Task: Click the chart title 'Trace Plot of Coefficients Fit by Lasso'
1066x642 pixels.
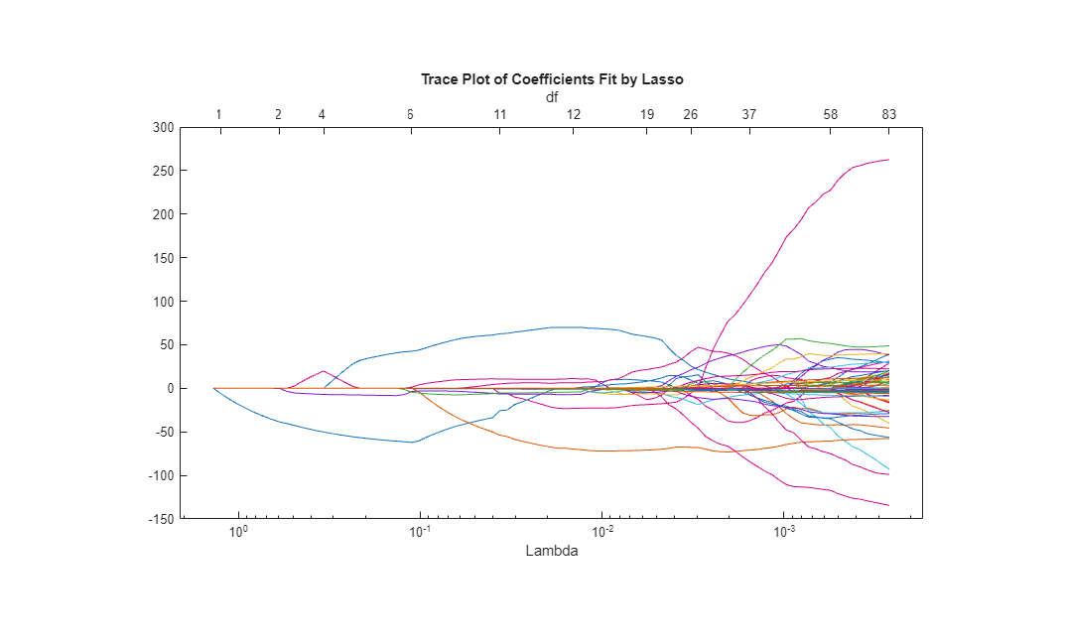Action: [x=552, y=79]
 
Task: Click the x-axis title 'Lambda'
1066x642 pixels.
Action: [x=552, y=551]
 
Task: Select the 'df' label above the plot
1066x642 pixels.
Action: [x=552, y=97]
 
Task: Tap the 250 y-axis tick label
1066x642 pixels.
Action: [x=164, y=171]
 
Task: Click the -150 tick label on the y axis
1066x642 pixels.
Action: [x=161, y=519]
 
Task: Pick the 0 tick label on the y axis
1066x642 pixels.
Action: [x=170, y=389]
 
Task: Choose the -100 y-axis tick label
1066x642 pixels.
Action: [x=161, y=475]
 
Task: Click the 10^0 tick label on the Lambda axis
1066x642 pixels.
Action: [x=238, y=534]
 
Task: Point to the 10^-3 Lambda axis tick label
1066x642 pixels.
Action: [x=784, y=534]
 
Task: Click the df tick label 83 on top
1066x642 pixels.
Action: [x=889, y=115]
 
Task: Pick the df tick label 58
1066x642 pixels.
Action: [x=831, y=115]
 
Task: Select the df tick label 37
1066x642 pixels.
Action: [x=749, y=115]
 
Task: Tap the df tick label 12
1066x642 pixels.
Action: [x=574, y=115]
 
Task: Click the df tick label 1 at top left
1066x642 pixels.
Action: [x=219, y=115]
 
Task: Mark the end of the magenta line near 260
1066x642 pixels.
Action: [x=888, y=160]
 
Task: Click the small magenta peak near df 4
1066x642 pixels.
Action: [x=324, y=371]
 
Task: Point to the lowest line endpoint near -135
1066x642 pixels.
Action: [x=888, y=505]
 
